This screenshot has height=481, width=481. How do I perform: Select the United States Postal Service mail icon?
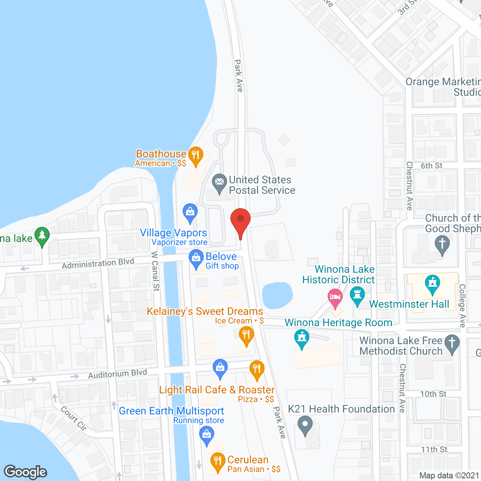219,183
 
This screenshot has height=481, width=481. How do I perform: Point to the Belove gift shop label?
221,257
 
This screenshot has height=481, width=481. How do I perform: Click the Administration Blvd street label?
98,263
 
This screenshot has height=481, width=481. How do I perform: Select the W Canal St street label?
155,271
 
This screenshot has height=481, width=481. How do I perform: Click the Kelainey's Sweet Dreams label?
205,312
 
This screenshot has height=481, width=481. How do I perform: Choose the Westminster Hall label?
409,304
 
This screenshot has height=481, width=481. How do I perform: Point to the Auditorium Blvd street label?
118,374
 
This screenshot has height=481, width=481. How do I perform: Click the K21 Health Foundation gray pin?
305,425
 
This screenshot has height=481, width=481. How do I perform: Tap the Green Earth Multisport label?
171,411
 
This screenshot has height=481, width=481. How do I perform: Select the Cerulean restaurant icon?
218,461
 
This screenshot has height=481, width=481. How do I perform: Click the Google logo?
26,472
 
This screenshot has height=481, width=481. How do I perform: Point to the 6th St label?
431,166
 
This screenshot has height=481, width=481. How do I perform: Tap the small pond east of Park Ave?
277,295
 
